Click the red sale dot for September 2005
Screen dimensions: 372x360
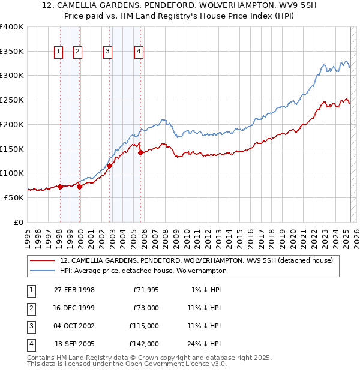click(141, 153)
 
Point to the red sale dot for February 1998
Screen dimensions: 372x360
click(60, 187)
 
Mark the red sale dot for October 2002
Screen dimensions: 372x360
click(110, 166)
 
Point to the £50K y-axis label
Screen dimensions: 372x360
click(14, 197)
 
